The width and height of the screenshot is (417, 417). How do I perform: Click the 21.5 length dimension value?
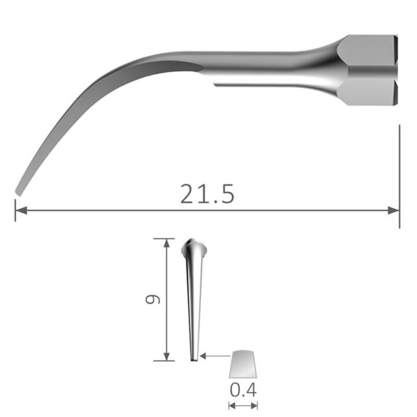(207, 195)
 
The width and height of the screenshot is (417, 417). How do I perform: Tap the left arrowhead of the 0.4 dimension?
(232, 406)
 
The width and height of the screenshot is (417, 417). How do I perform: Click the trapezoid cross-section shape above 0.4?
(243, 364)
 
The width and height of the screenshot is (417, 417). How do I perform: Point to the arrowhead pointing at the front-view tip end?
(203, 356)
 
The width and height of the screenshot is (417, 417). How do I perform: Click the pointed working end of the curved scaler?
(19, 190)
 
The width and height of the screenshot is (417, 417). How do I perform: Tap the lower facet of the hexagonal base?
(368, 92)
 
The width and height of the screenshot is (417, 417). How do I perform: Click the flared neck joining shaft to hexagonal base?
(324, 69)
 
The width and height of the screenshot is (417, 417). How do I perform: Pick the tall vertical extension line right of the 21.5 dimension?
(399, 176)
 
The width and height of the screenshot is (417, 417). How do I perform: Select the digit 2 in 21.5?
(189, 195)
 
